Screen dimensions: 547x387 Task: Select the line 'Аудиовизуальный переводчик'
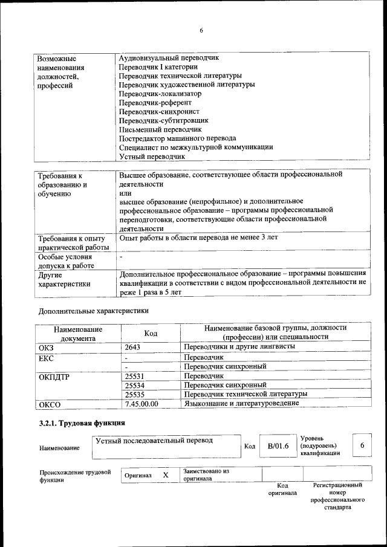point(169,58)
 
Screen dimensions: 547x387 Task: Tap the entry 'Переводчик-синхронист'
point(159,112)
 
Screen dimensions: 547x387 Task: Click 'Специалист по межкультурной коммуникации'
point(196,147)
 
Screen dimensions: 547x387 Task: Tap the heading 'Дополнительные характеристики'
point(93,311)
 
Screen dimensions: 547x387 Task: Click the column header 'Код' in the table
point(151,333)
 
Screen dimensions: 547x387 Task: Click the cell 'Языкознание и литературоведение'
point(241,403)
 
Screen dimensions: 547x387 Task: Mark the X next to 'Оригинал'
point(165,475)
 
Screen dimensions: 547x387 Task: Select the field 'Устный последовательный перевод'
point(155,441)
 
